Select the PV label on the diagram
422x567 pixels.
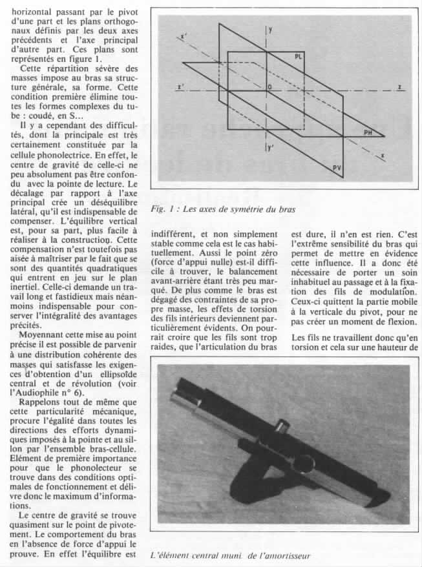[337, 168]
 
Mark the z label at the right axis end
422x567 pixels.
[401, 86]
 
